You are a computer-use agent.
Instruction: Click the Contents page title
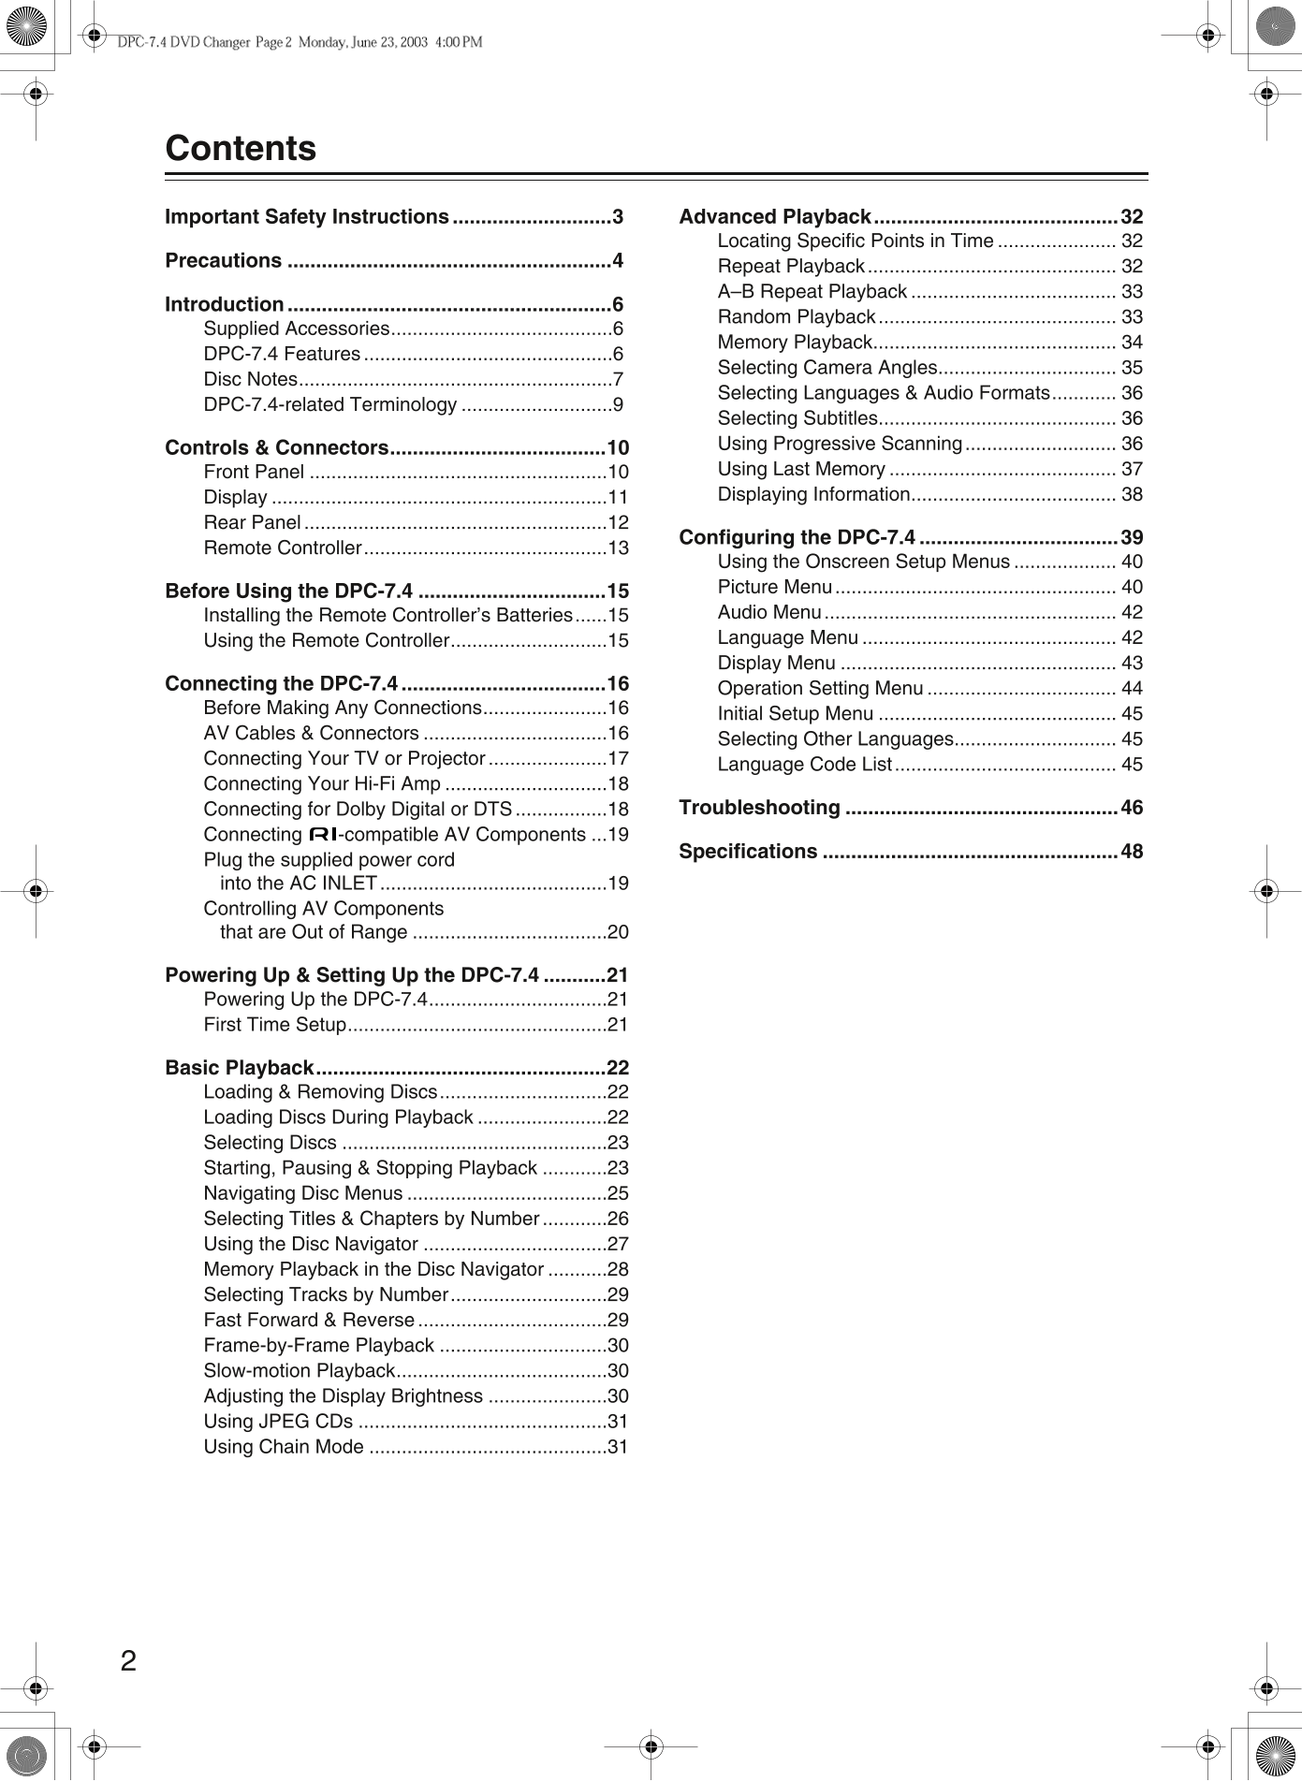[x=241, y=149]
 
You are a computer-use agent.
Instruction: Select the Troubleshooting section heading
[x=759, y=808]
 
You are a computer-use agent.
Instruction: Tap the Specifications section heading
[x=748, y=852]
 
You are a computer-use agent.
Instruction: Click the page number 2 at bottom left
[x=128, y=1661]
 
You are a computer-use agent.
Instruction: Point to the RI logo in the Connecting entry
[x=322, y=835]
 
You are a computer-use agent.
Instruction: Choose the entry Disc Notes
[x=250, y=380]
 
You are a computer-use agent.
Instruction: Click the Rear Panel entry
[x=252, y=523]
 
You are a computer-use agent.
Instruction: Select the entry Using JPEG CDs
[x=278, y=1422]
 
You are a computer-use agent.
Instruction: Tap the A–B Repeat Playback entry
[x=812, y=292]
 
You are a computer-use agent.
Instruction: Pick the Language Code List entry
[x=804, y=765]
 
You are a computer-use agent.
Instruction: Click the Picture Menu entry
[x=774, y=588]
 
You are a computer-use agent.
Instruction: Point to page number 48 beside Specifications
[x=1132, y=852]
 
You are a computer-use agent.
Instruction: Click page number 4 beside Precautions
[x=618, y=261]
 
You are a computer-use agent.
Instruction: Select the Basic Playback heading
[x=239, y=1068]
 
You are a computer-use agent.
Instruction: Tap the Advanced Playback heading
[x=775, y=217]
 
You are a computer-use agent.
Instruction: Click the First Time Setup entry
[x=274, y=1025]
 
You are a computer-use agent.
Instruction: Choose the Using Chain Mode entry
[x=284, y=1447]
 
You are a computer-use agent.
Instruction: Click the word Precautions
[x=223, y=261]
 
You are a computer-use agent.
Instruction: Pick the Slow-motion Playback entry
[x=299, y=1371]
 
